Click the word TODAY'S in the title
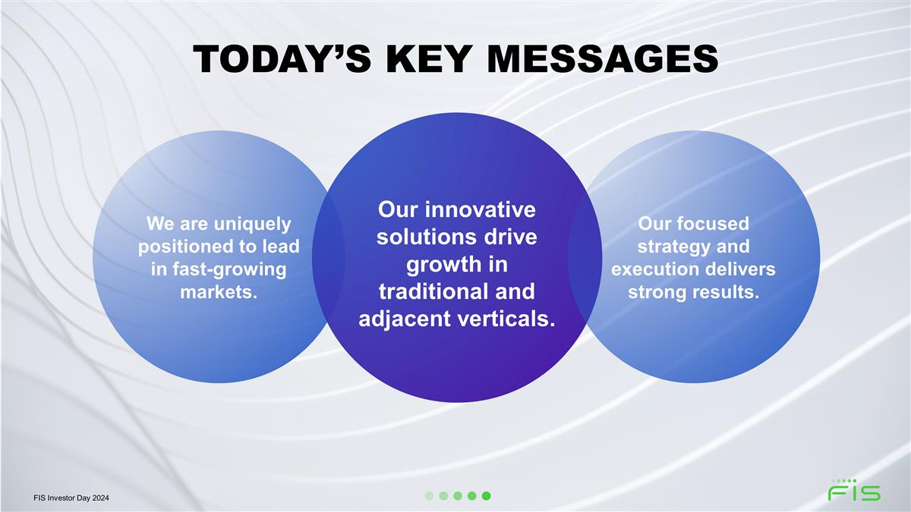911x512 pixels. coord(282,59)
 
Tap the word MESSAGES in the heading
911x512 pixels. coord(603,59)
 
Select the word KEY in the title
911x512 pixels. coord(429,59)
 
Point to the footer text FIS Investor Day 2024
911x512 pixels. coord(71,498)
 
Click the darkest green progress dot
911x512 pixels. coord(486,496)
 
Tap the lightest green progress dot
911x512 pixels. coord(429,496)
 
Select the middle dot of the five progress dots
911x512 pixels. coord(458,496)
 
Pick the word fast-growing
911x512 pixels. coord(229,270)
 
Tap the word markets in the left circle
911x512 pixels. coord(217,292)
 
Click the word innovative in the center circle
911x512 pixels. coord(480,209)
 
